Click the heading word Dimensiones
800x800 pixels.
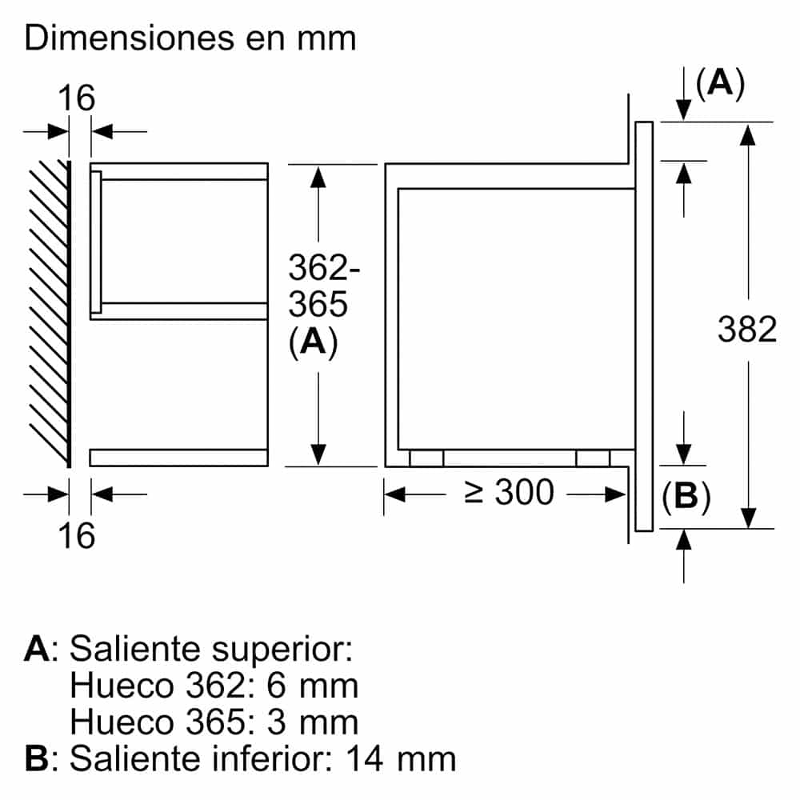[x=130, y=38]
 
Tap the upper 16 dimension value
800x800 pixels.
[x=77, y=98]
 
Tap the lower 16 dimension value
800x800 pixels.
[x=77, y=536]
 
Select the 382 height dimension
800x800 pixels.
[x=747, y=329]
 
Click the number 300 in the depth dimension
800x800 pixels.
[x=525, y=492]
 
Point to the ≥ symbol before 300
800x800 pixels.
[x=474, y=492]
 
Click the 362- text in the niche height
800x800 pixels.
[x=324, y=267]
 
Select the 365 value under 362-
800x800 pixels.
[x=318, y=304]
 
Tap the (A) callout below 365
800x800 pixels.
[x=314, y=342]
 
